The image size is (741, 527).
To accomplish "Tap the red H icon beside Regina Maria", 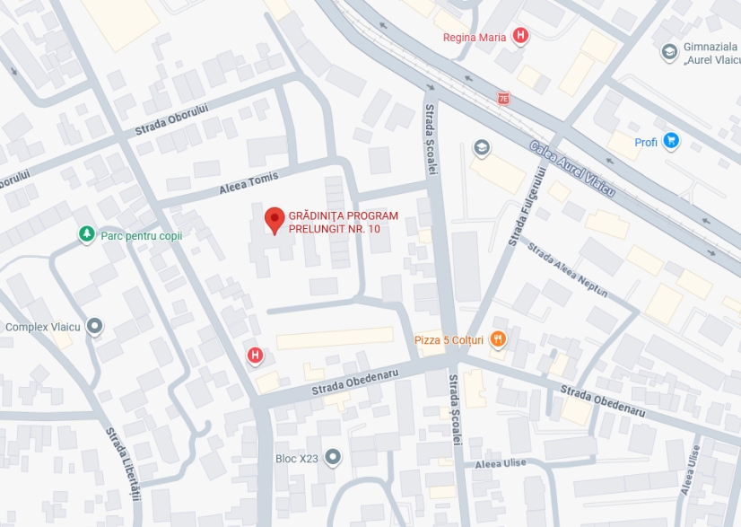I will click(520, 37).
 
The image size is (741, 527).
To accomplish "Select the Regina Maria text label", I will click(475, 38).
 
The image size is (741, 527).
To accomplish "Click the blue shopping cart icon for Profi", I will click(671, 141).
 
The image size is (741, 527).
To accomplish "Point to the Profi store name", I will click(646, 142).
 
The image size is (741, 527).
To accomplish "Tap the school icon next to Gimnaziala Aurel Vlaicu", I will click(669, 52).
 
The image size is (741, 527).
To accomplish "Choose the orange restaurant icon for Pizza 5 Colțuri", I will click(498, 339).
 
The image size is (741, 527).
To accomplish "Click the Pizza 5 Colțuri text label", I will click(449, 340).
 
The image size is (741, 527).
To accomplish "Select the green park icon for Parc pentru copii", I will click(86, 234).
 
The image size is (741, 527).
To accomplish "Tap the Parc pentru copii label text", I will click(141, 235).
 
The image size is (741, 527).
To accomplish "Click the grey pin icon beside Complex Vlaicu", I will click(94, 326).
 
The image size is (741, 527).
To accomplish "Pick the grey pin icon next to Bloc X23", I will click(334, 458).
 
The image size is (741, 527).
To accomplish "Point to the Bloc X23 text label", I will click(297, 459).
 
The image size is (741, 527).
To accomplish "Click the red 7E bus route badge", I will click(503, 97).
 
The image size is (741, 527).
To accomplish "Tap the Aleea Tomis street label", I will click(248, 183).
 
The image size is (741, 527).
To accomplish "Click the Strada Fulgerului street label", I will click(529, 206).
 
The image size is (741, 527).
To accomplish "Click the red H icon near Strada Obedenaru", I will click(256, 356).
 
